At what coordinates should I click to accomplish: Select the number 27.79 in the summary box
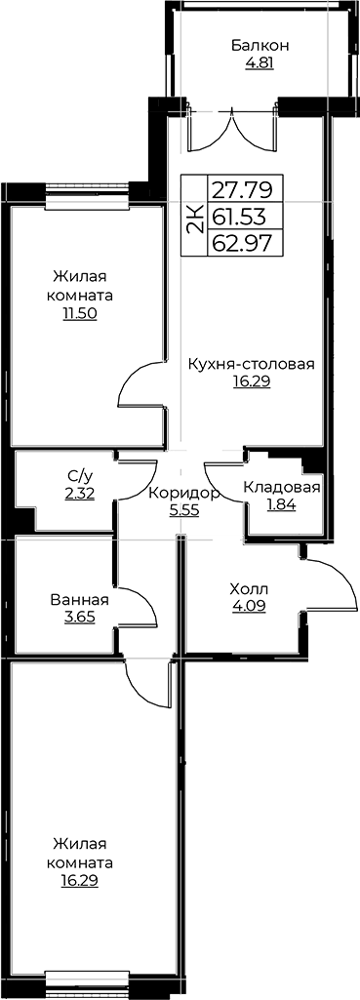242,189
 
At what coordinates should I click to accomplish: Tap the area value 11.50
80,315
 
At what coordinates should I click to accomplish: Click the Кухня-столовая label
251,364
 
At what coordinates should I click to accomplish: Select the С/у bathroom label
80,475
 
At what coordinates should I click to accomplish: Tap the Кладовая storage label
282,488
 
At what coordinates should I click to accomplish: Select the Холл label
250,588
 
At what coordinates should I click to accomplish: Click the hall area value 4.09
250,606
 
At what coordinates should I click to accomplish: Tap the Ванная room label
80,599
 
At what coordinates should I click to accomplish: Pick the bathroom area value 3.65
80,618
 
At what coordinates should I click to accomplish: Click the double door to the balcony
232,131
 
